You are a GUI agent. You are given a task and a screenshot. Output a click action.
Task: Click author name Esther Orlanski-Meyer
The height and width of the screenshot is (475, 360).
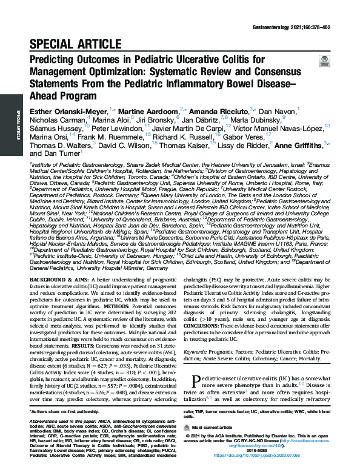point(67,111)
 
